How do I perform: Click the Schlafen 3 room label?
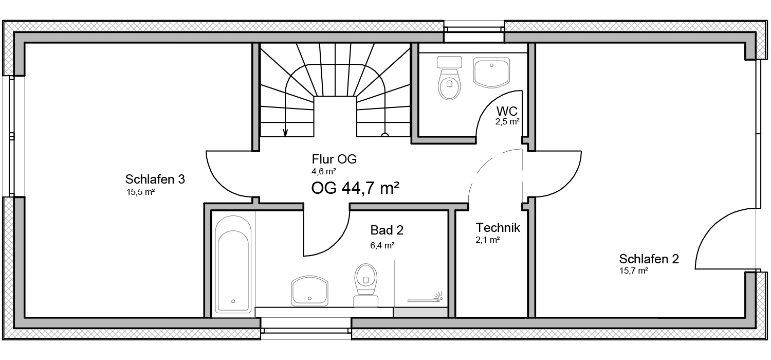click(155, 179)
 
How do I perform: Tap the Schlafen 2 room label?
click(649, 259)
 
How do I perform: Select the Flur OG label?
click(334, 159)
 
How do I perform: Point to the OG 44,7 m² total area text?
click(355, 188)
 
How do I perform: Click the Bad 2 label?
click(387, 230)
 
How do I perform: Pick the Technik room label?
click(498, 228)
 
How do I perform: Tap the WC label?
click(507, 111)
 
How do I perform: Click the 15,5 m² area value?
click(140, 192)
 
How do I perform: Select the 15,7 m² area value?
click(634, 271)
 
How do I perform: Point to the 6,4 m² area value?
click(382, 245)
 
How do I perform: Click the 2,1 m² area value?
click(488, 240)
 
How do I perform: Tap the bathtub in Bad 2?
click(233, 264)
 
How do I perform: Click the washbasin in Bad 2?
click(309, 291)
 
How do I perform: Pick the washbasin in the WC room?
click(491, 73)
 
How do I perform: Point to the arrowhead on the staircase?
click(285, 133)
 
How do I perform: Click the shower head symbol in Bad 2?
click(438, 296)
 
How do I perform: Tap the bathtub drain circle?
click(233, 301)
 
